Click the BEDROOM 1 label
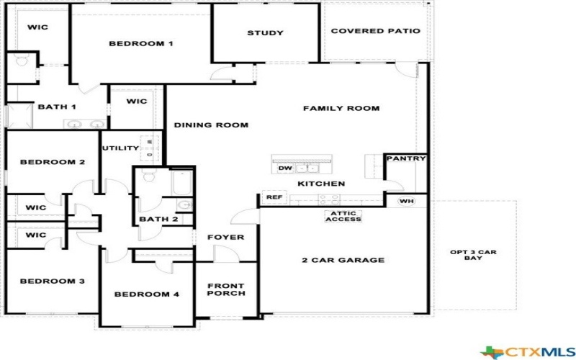(x=140, y=44)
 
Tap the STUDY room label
(x=265, y=33)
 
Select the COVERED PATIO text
(x=375, y=32)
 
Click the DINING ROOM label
(x=211, y=125)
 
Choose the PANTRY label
(x=406, y=158)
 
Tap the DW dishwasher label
(x=284, y=168)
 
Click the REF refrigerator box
(x=273, y=197)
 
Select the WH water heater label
(x=405, y=201)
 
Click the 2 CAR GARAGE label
(x=343, y=260)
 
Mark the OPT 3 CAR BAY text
(x=473, y=255)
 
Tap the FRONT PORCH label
(x=226, y=289)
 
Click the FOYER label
(x=225, y=237)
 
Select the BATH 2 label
(x=158, y=220)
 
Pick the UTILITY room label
(x=120, y=148)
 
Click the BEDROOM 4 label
(x=147, y=294)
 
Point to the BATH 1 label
(x=57, y=107)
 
